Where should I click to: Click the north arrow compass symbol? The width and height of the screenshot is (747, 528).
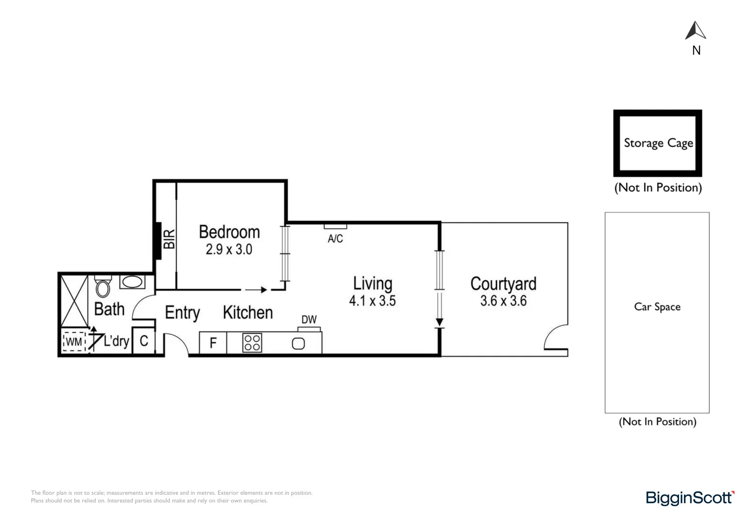696,31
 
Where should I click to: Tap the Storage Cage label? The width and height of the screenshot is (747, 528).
658,143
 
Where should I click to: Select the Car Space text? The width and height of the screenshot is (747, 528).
657,307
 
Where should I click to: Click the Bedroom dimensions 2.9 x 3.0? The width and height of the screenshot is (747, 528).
229,249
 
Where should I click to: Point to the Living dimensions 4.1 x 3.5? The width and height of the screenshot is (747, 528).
372,301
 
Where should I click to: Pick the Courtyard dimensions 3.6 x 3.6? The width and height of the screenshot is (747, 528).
503,301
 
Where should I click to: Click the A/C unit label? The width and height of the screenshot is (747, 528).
335,239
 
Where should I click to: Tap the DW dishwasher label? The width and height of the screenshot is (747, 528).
309,320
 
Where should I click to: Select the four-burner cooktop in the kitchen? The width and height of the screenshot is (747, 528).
252,343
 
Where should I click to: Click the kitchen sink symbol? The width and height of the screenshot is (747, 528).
298,344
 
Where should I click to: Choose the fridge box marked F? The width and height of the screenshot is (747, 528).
213,343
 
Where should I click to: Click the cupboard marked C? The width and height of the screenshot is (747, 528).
144,341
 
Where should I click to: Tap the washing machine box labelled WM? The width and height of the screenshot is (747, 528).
74,342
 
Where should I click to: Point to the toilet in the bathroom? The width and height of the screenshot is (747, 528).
103,287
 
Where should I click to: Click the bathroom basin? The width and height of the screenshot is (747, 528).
132,282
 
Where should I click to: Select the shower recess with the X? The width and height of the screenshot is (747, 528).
74,301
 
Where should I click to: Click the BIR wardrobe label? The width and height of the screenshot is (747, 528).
169,239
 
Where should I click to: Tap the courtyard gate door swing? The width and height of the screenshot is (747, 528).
556,337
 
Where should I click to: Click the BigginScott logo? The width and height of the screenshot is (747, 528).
690,498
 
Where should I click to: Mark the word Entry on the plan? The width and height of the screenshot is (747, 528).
182,313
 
